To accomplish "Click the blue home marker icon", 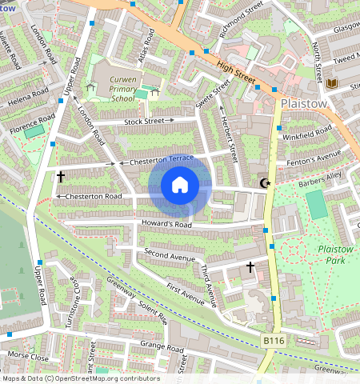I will [180, 186].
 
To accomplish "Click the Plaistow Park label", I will [337, 254].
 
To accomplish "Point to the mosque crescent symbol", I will [266, 184].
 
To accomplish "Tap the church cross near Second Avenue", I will [250, 266].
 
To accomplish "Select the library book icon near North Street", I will [331, 83].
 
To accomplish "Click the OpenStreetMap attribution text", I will [80, 378].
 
